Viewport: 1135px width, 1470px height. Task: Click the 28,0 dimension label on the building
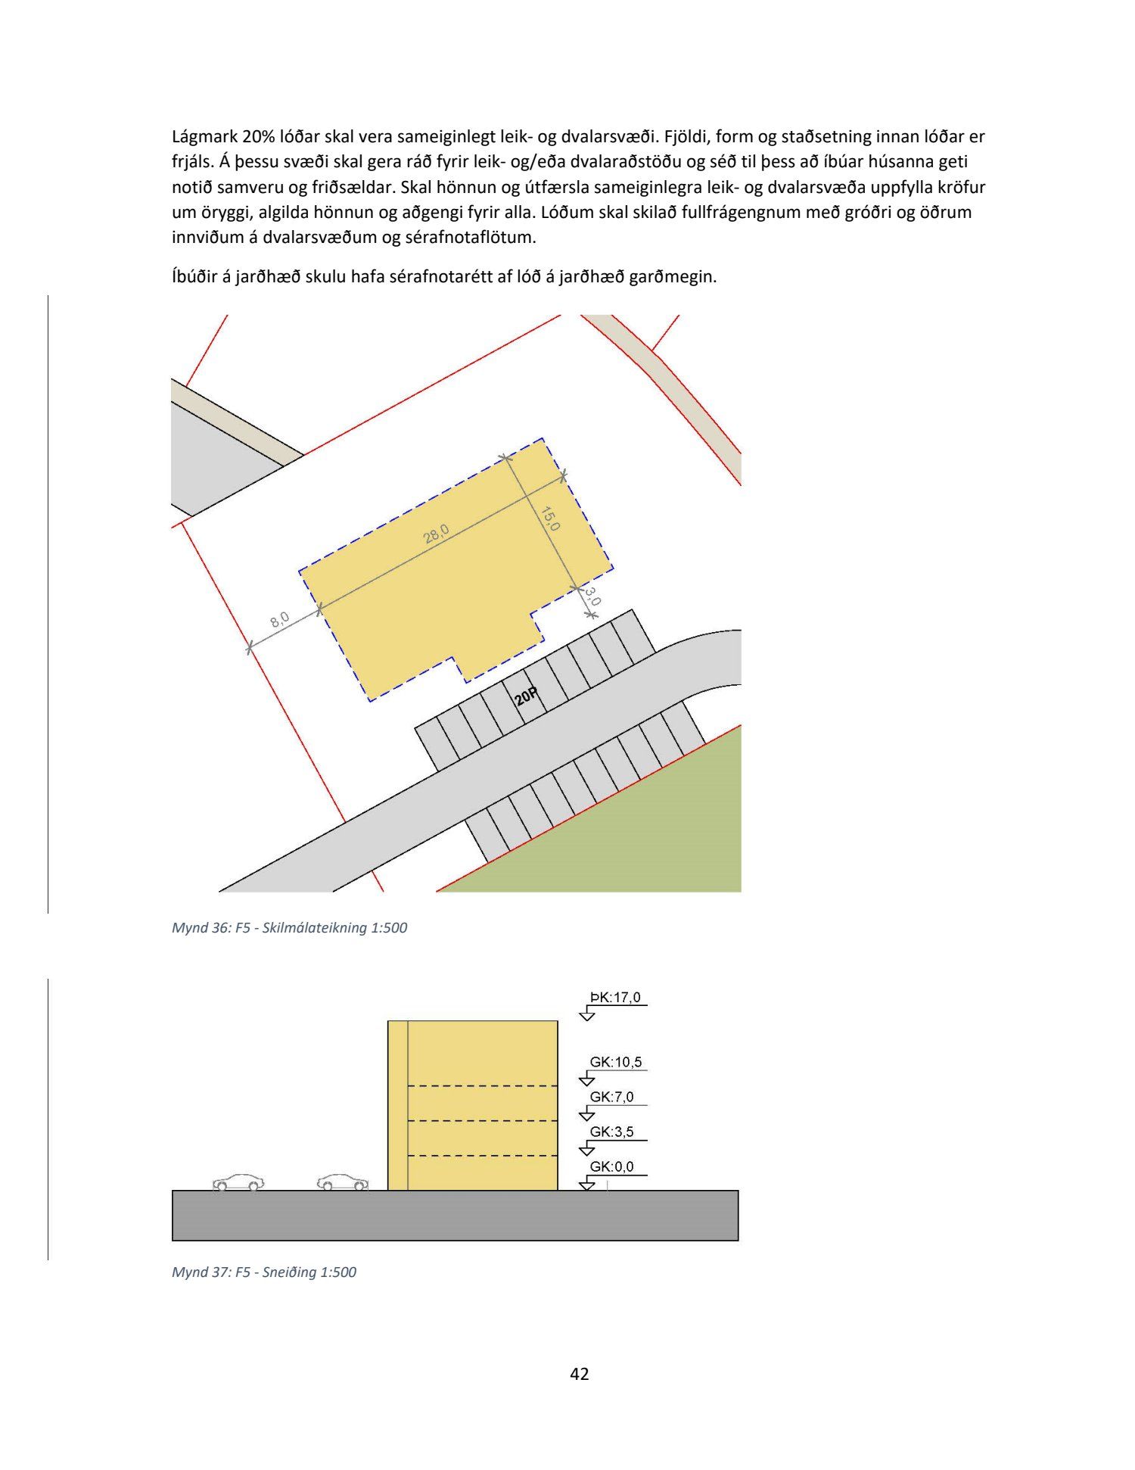(437, 534)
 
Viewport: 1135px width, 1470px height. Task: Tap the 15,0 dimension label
(550, 518)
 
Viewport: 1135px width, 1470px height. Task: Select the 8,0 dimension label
(279, 620)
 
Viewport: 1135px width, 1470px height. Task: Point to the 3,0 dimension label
(593, 597)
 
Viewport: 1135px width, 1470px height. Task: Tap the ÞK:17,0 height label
(615, 997)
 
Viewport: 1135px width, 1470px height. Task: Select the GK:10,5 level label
(616, 1062)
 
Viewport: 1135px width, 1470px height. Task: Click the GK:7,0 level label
(612, 1097)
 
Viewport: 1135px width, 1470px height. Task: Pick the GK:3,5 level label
(612, 1132)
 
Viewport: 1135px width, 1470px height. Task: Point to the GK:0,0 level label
(612, 1166)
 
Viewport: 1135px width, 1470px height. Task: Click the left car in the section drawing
(238, 1182)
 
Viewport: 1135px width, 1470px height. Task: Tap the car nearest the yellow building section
(343, 1182)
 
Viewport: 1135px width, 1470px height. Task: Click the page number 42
(580, 1374)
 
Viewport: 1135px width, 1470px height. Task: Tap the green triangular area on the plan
(643, 833)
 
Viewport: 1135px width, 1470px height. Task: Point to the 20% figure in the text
(259, 137)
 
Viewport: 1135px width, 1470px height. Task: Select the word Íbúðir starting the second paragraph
(194, 276)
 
